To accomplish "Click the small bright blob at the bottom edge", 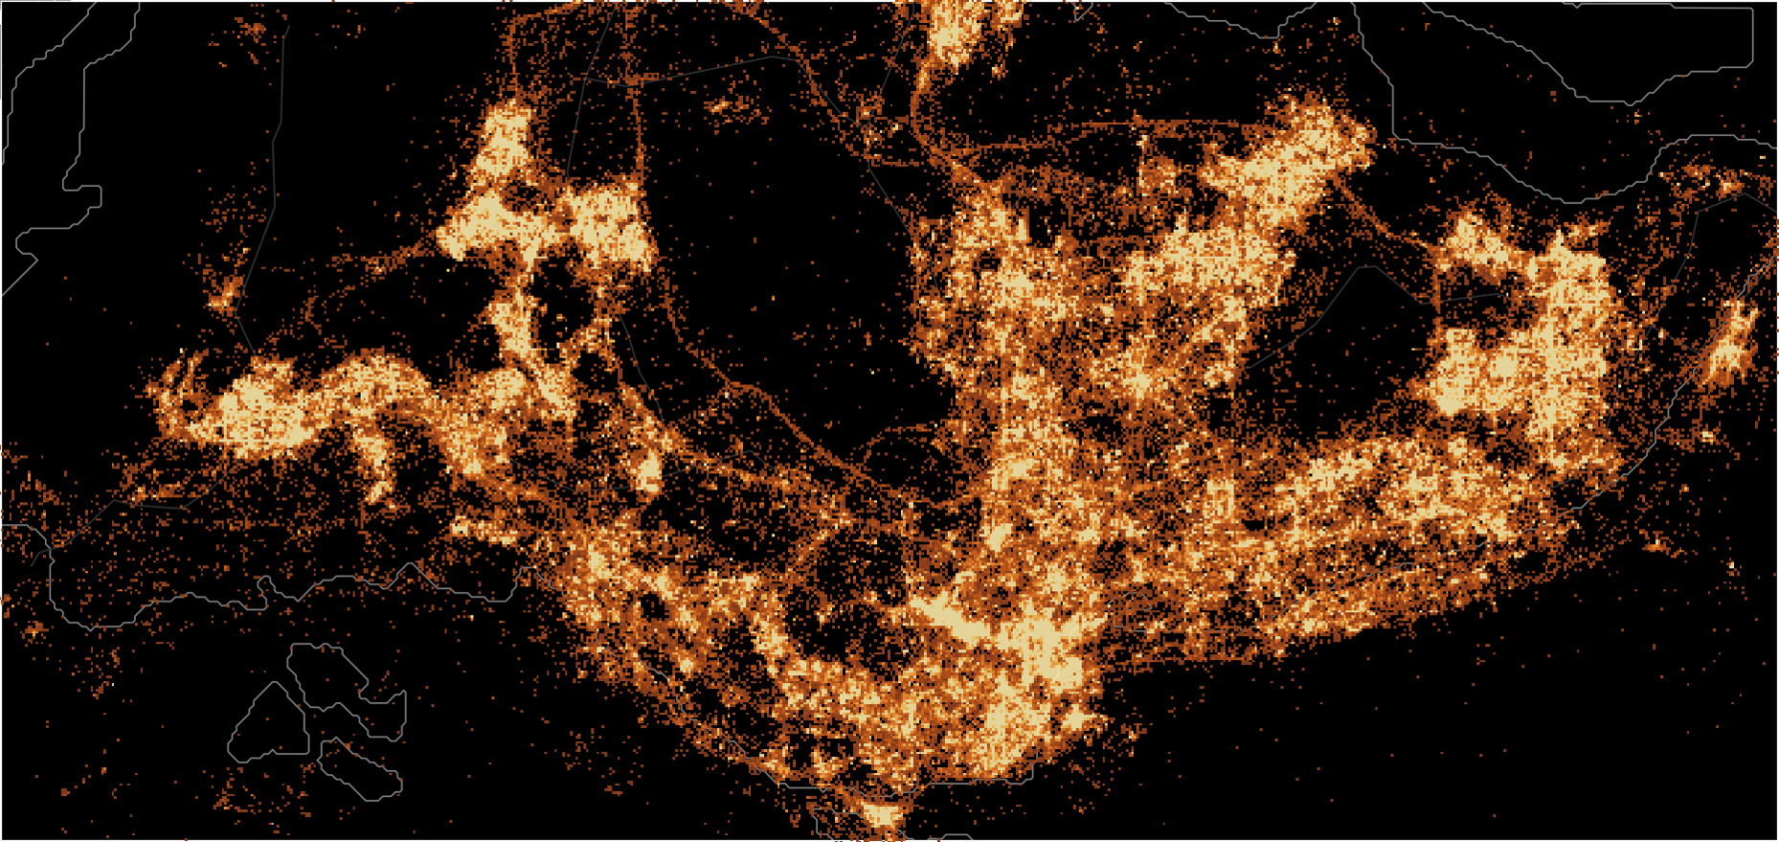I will coord(883,817).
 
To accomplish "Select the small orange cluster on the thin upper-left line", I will coord(226,297).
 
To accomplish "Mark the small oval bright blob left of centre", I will coord(650,474).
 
